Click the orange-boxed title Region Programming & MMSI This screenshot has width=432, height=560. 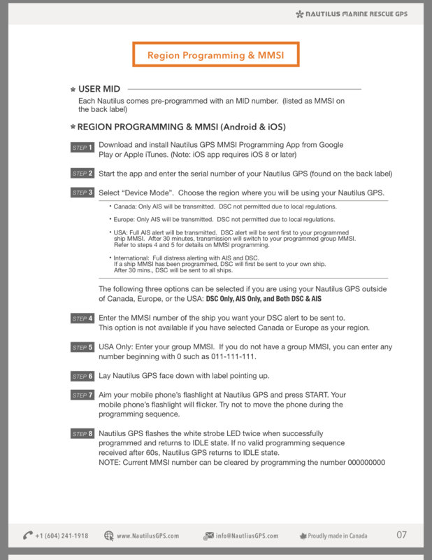click(x=216, y=55)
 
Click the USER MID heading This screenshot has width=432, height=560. click(x=99, y=89)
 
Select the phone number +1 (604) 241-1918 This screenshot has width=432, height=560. click(x=62, y=535)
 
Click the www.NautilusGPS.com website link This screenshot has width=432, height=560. click(x=147, y=535)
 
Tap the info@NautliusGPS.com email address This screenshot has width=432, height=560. click(x=247, y=535)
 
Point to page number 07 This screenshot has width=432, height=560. click(x=401, y=535)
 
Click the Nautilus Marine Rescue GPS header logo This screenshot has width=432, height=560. click(x=361, y=13)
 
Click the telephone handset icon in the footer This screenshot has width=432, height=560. click(x=28, y=535)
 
